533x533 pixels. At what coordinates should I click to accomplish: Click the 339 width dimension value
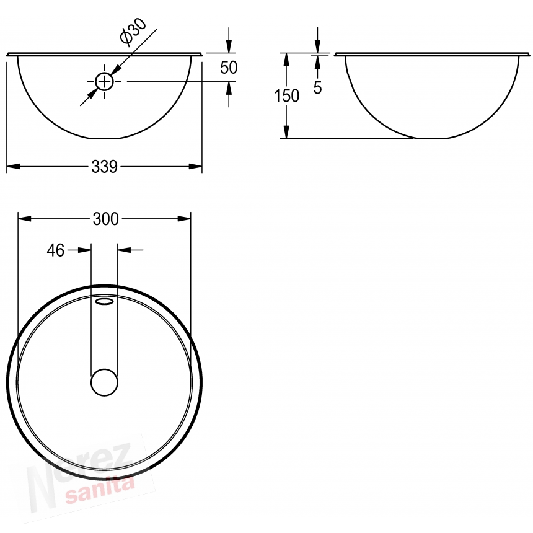[104, 167]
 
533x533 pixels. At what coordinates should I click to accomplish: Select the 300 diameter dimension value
[106, 219]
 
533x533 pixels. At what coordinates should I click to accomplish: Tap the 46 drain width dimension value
[55, 250]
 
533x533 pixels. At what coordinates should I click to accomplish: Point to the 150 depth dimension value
[286, 96]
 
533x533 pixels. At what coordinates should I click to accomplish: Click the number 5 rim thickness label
[317, 88]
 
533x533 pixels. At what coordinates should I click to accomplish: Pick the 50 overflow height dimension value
[229, 68]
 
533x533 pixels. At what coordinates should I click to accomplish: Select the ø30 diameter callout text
[133, 31]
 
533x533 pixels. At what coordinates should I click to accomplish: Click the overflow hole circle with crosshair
[104, 82]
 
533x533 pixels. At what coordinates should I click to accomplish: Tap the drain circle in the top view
[104, 382]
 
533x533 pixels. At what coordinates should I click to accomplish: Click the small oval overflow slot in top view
[104, 301]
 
